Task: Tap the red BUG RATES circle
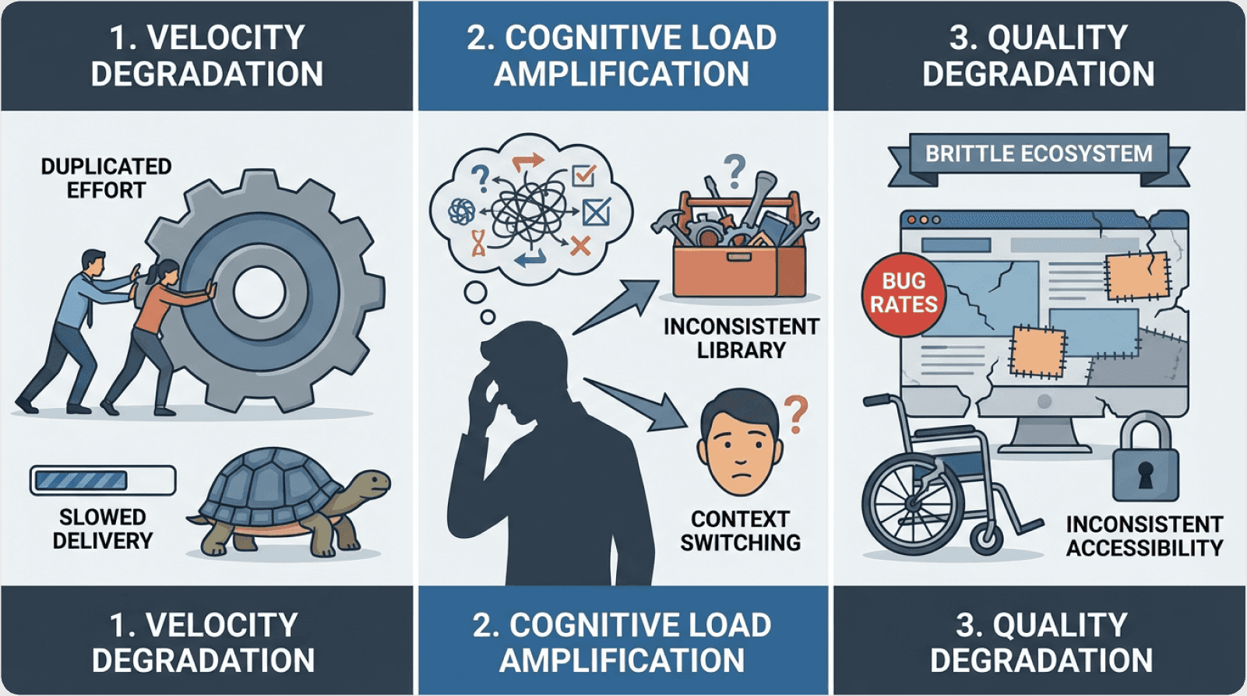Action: click(904, 293)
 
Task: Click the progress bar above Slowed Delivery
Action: click(103, 480)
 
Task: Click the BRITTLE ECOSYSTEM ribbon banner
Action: click(1038, 154)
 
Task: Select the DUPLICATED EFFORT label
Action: click(106, 178)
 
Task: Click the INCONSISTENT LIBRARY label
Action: click(741, 338)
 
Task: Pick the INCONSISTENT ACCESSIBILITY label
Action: click(1144, 536)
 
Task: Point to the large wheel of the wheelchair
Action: click(911, 499)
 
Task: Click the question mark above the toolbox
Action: click(734, 170)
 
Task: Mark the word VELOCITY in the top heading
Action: click(225, 37)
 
